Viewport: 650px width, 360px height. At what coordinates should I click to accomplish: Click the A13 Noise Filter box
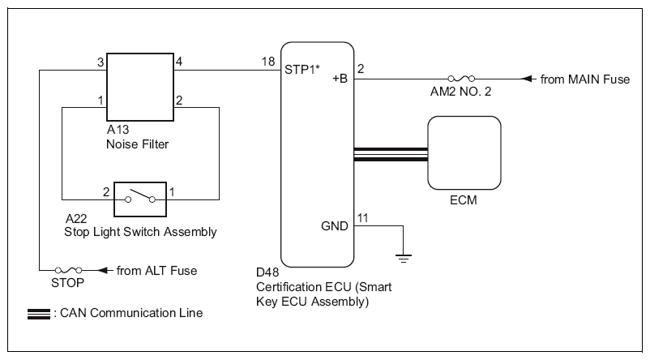[140, 87]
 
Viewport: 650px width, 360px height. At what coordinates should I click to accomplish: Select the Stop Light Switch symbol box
[140, 199]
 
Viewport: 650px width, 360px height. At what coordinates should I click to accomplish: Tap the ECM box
[464, 152]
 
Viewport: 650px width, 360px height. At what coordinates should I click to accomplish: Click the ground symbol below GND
[404, 258]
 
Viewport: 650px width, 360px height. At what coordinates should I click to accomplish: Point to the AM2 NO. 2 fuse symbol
[461, 79]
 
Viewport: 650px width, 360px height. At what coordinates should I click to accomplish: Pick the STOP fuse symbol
[68, 271]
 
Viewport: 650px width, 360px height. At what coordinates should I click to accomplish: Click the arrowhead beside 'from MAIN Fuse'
[528, 79]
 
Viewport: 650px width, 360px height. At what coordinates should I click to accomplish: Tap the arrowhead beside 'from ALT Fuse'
[105, 271]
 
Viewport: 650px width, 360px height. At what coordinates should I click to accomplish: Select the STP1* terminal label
[302, 69]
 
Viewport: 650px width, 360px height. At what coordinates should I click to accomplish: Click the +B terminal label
[340, 79]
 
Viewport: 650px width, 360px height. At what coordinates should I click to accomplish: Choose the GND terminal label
[335, 226]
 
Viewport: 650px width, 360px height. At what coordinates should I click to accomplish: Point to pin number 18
[268, 62]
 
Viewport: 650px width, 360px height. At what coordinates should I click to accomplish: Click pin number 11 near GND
[363, 218]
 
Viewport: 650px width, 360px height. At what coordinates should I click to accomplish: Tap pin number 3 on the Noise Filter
[100, 62]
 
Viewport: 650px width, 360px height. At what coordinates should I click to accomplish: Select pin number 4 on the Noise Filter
[178, 62]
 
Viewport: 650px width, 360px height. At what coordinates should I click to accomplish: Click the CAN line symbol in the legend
[39, 315]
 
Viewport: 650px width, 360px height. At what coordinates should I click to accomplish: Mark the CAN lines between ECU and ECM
[391, 154]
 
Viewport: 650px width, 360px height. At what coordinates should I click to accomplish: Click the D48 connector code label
[267, 272]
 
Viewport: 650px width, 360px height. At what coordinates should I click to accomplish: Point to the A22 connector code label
[76, 219]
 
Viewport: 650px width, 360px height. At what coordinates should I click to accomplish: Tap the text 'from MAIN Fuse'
[585, 79]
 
